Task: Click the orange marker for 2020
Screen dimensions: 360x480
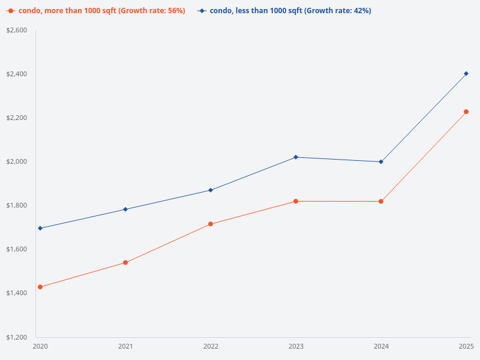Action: pyautogui.click(x=40, y=287)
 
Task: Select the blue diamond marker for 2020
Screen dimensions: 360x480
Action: pyautogui.click(x=40, y=228)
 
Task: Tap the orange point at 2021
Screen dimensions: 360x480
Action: pyautogui.click(x=125, y=262)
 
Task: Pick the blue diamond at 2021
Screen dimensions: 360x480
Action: pyautogui.click(x=125, y=209)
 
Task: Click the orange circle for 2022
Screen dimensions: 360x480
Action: pyautogui.click(x=211, y=224)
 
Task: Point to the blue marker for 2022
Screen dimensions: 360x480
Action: pyautogui.click(x=211, y=190)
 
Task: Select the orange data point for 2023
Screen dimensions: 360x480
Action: pyautogui.click(x=296, y=201)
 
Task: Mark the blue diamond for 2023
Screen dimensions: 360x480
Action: pyautogui.click(x=296, y=157)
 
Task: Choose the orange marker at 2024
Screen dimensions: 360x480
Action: pyautogui.click(x=381, y=201)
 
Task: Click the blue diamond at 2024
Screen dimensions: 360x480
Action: pyautogui.click(x=381, y=161)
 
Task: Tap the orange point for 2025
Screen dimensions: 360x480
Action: pyautogui.click(x=466, y=112)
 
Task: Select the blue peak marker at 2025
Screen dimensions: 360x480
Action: pyautogui.click(x=466, y=73)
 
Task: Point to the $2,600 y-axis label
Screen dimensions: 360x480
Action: pyautogui.click(x=17, y=30)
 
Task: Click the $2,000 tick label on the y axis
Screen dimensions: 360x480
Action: pyautogui.click(x=17, y=161)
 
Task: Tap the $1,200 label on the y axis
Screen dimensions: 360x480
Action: pyautogui.click(x=17, y=337)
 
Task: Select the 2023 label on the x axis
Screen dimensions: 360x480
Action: pyautogui.click(x=296, y=346)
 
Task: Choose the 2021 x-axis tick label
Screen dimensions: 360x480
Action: pyautogui.click(x=125, y=346)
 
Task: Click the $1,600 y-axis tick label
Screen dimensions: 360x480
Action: pyautogui.click(x=17, y=249)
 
